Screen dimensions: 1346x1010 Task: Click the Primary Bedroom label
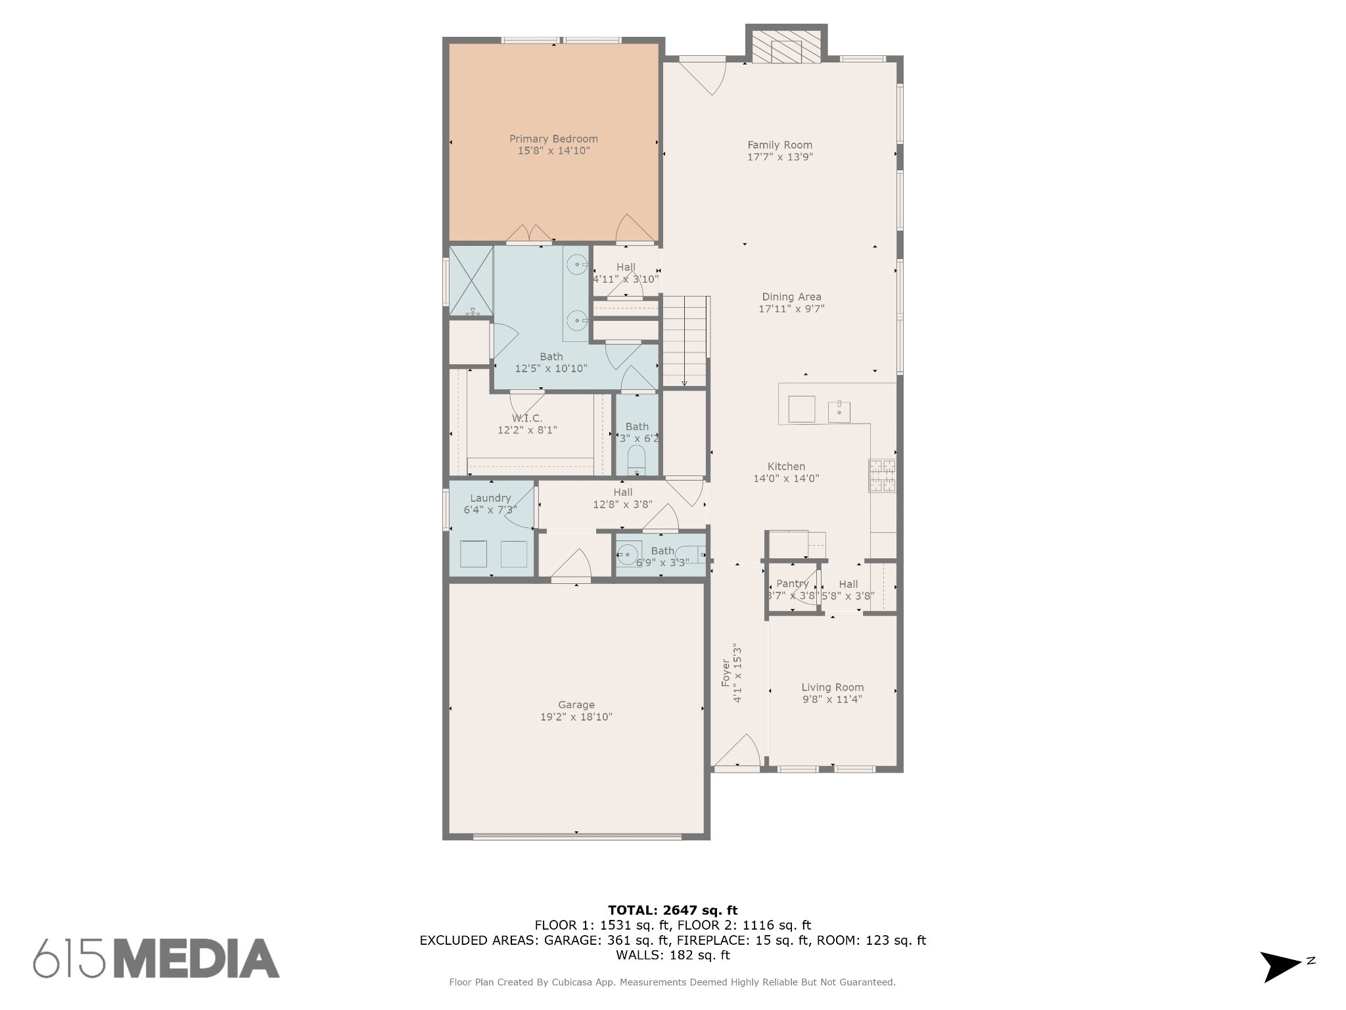(x=553, y=139)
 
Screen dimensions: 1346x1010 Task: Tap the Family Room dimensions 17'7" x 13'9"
(x=780, y=157)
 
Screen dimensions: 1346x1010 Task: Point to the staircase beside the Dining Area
(x=685, y=341)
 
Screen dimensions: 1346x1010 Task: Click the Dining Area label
(x=791, y=297)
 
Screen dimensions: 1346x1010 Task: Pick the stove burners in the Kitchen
(x=883, y=475)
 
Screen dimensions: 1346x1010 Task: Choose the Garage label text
(x=576, y=705)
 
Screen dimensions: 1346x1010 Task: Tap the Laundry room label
(x=490, y=498)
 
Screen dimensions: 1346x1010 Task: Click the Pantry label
(x=792, y=584)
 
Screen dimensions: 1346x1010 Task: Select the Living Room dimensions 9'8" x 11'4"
(x=832, y=700)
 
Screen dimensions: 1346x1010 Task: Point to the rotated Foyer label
(x=726, y=673)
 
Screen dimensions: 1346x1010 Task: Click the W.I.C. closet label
(x=527, y=418)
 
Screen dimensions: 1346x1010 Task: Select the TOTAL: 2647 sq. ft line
(x=672, y=911)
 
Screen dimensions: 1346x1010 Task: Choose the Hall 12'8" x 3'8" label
(x=622, y=498)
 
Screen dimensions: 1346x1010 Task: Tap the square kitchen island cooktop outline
(x=802, y=409)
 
